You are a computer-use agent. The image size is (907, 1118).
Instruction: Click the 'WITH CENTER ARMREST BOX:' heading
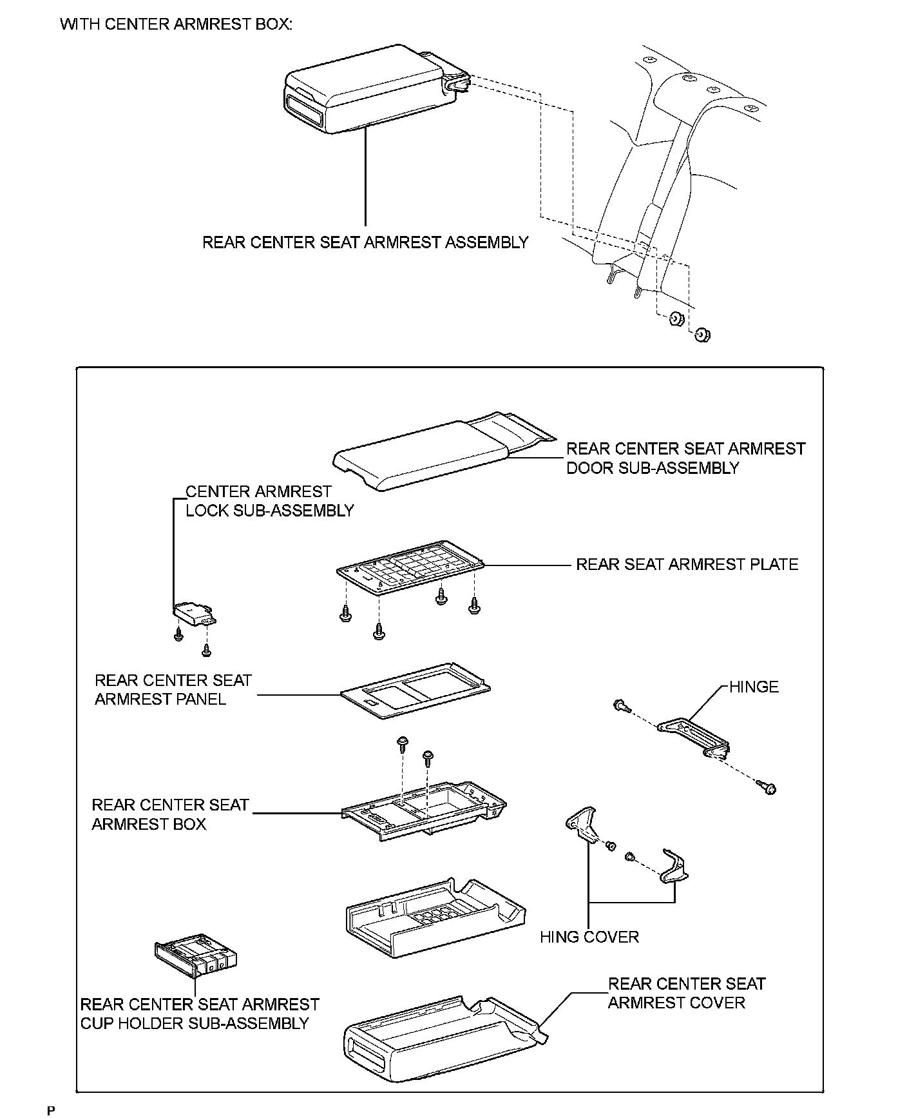[176, 25]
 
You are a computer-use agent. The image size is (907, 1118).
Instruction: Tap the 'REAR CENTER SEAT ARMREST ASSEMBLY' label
[365, 242]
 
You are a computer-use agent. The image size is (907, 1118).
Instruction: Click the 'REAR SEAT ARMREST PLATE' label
[687, 564]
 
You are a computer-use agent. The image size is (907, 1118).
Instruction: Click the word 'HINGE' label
[754, 687]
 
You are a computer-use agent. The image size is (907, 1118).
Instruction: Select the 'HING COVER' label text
[589, 937]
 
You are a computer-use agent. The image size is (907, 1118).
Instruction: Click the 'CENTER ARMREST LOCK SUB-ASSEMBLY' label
[269, 501]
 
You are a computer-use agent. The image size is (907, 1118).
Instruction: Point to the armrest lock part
[195, 613]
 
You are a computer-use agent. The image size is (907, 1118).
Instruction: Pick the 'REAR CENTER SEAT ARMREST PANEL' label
[173, 690]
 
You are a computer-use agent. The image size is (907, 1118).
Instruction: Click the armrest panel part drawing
[415, 690]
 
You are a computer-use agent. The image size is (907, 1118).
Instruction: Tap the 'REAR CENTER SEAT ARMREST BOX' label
[170, 814]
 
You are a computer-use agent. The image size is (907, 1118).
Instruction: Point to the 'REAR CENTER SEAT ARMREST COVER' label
[687, 993]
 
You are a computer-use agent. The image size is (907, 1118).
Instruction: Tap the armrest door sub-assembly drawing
[443, 451]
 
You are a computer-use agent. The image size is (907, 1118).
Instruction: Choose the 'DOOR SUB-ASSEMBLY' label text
[653, 468]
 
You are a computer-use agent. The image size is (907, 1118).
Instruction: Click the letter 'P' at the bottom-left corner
[51, 1110]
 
